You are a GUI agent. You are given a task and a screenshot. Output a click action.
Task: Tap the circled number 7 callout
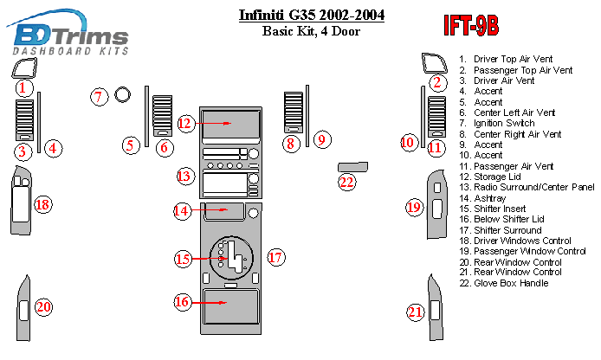100,97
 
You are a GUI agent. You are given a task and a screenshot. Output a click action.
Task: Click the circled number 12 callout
184,124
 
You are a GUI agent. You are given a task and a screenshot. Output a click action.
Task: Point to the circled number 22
347,182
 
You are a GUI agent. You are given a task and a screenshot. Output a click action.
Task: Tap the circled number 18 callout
42,205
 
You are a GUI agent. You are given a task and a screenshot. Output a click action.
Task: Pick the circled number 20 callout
42,305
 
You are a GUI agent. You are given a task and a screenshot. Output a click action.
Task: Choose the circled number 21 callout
417,312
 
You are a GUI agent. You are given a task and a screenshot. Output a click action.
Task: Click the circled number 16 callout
183,302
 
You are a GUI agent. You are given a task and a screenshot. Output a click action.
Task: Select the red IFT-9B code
471,27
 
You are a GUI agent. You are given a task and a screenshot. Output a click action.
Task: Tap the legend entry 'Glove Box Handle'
509,283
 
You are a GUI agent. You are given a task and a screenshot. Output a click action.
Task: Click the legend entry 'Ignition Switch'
506,124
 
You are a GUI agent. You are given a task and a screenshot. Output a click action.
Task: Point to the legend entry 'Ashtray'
490,198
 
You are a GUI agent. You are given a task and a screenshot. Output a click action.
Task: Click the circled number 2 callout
437,83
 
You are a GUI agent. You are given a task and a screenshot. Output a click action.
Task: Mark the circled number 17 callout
275,257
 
